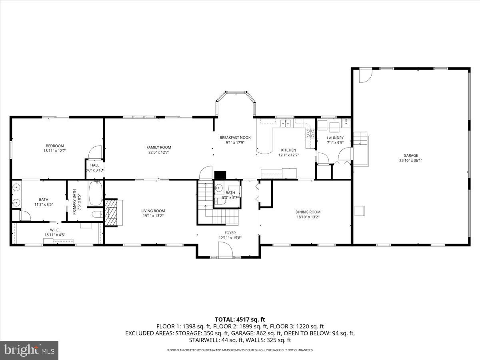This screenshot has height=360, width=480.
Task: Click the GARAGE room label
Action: [x=410, y=155]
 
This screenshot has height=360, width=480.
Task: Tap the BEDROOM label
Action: [x=54, y=146]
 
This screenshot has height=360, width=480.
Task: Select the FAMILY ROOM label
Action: [x=159, y=147]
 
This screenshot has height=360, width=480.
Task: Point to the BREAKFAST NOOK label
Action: [x=235, y=138]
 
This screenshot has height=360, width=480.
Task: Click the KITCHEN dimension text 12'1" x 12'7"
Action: [x=288, y=155]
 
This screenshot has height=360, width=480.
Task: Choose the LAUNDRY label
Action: [x=335, y=138]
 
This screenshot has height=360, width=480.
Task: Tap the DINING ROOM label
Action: [x=308, y=212]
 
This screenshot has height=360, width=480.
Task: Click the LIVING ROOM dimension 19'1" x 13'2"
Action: [x=153, y=216]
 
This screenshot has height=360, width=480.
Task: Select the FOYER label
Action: [x=230, y=232]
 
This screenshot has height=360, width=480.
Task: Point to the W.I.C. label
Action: [x=55, y=230]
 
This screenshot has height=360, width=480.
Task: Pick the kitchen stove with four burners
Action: [x=310, y=133]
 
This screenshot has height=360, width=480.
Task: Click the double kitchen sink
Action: [x=286, y=123]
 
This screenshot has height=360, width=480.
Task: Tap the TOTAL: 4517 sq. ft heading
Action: [x=240, y=319]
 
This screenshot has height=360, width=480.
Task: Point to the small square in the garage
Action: [x=360, y=210]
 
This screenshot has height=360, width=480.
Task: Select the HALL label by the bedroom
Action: [x=95, y=165]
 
